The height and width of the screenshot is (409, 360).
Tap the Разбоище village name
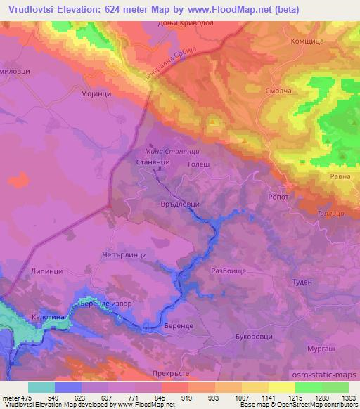coord(229,269)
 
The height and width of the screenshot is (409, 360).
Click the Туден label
coord(302,281)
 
